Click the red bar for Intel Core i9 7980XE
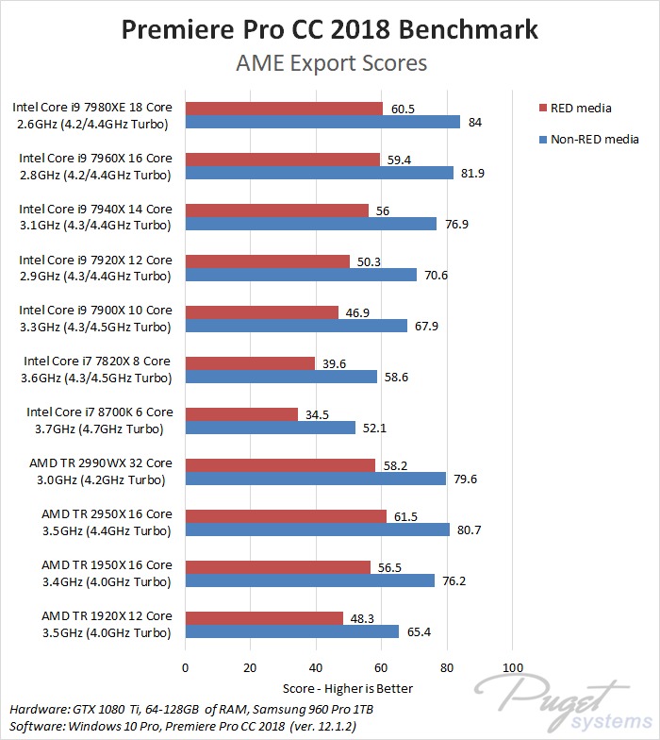click(x=284, y=109)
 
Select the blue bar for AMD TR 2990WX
click(x=316, y=479)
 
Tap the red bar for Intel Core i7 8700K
click(x=241, y=414)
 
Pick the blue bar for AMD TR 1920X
click(x=292, y=631)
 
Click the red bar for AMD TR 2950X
click(x=286, y=516)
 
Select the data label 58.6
click(x=394, y=377)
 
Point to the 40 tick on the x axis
click(x=316, y=666)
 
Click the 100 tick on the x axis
click(x=512, y=666)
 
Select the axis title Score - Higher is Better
click(x=348, y=688)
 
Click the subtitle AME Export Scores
click(x=330, y=63)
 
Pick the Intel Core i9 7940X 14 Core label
click(x=95, y=209)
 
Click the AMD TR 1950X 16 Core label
click(x=107, y=565)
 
